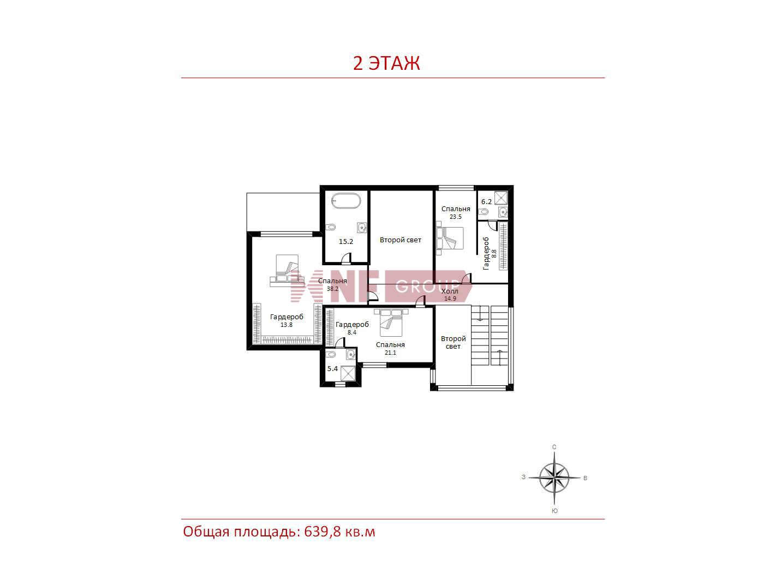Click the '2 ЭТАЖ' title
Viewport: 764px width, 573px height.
(x=386, y=63)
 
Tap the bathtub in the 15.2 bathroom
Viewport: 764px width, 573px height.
(x=345, y=201)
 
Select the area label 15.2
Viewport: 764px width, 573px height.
(x=345, y=241)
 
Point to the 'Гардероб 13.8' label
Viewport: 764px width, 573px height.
(x=286, y=320)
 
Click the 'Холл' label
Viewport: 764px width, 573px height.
(x=450, y=291)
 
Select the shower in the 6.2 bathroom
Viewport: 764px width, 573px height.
(x=501, y=198)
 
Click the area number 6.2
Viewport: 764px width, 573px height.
(x=486, y=202)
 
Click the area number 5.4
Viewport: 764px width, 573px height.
(x=332, y=369)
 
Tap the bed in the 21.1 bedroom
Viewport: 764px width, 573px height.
(x=391, y=323)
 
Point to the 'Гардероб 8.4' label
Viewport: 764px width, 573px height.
(x=352, y=328)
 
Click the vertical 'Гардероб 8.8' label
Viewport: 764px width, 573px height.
(x=490, y=253)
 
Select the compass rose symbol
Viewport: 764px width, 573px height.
(x=554, y=477)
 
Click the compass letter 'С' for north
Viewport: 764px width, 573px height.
(x=554, y=447)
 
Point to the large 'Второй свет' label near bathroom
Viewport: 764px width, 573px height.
(x=400, y=240)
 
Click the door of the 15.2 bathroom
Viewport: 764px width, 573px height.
(x=347, y=259)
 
